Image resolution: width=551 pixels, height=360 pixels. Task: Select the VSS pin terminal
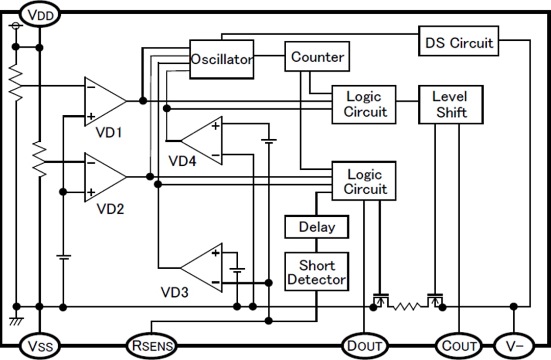click(x=40, y=346)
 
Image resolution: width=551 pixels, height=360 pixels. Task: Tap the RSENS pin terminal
click(x=151, y=346)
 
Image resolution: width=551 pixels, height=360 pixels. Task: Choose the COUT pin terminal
click(x=459, y=346)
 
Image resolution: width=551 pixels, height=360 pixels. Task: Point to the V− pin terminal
click(x=514, y=346)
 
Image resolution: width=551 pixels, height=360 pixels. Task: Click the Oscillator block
click(x=221, y=59)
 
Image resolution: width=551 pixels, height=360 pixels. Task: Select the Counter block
click(x=317, y=57)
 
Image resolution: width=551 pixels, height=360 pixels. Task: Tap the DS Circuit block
click(x=459, y=42)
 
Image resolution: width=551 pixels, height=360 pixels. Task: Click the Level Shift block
click(x=450, y=105)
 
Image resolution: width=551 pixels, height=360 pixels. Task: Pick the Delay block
click(x=316, y=227)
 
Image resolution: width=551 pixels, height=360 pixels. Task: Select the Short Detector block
click(x=316, y=272)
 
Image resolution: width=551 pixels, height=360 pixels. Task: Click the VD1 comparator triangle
click(x=102, y=101)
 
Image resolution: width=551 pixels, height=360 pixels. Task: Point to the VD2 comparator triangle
click(x=102, y=177)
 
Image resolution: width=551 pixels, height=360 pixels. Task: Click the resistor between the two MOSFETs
click(x=407, y=306)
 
